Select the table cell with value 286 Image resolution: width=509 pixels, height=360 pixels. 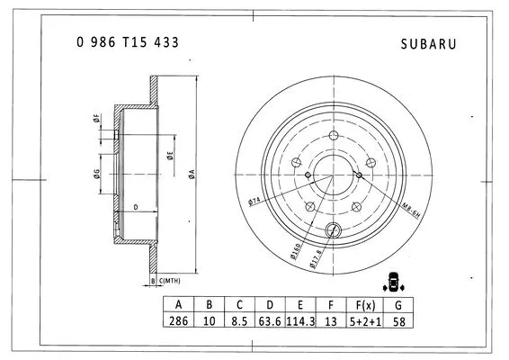(179, 320)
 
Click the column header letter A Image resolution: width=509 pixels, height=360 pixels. (179, 304)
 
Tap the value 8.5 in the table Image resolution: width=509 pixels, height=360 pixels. (237, 320)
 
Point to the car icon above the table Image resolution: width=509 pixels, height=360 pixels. (392, 281)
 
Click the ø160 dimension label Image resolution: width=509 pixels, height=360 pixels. (296, 248)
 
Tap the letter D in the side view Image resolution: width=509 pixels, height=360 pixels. (135, 208)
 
